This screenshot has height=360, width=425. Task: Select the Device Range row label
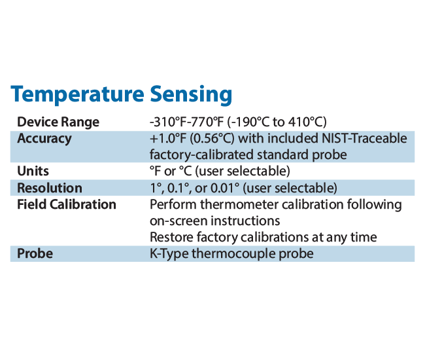[x=58, y=122]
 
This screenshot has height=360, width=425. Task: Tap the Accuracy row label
[x=44, y=139]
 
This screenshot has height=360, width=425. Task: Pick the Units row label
[x=33, y=171]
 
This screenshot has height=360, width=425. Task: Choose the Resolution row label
[x=50, y=188]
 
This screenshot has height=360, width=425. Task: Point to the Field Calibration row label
[x=67, y=204]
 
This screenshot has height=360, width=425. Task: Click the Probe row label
[x=35, y=253]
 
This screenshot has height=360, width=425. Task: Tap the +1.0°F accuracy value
[x=172, y=139]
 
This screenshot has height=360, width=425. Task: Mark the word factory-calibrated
[x=203, y=155]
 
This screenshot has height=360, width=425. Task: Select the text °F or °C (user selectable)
[x=220, y=171]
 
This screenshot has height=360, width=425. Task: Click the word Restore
[x=170, y=237]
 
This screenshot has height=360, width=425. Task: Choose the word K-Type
[x=169, y=253]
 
